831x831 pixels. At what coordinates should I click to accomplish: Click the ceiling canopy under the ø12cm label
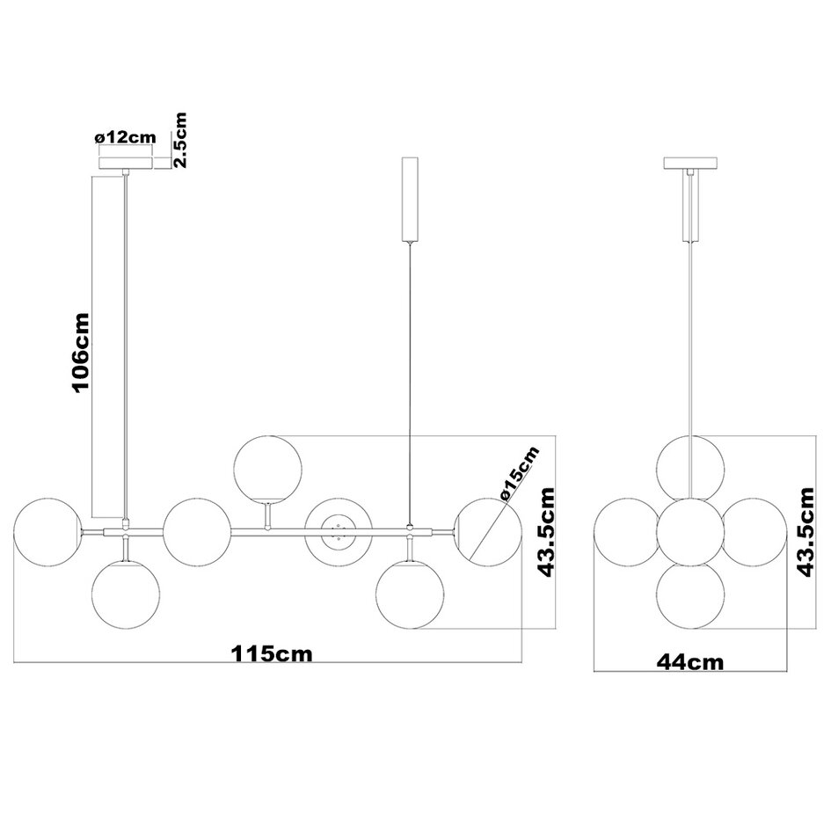click(x=127, y=163)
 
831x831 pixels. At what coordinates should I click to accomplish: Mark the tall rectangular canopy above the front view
click(x=411, y=200)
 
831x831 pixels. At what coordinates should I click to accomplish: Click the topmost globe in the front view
click(x=268, y=468)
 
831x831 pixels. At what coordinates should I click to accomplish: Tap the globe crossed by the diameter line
click(x=485, y=530)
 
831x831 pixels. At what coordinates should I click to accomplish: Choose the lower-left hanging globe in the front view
click(x=128, y=593)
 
